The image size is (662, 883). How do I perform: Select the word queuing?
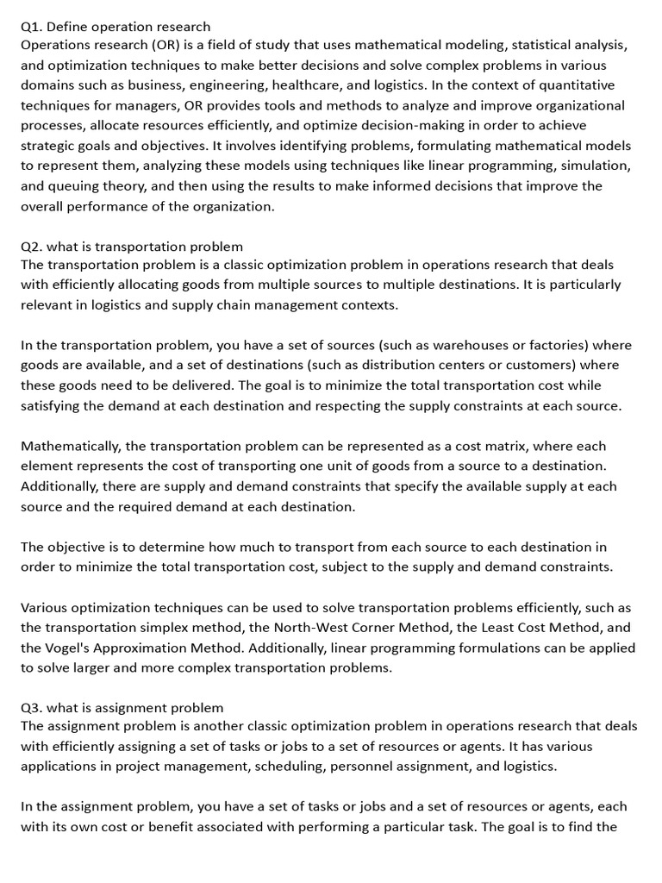pyautogui.click(x=82, y=186)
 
